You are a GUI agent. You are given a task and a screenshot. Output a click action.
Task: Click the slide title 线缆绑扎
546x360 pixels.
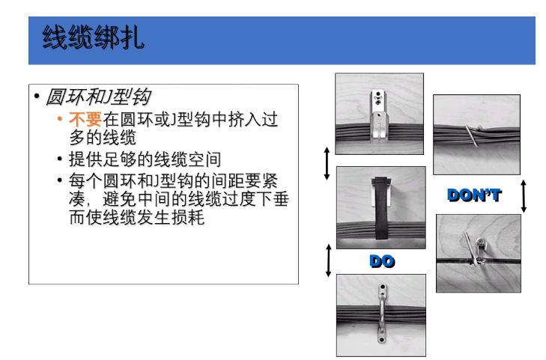point(94,37)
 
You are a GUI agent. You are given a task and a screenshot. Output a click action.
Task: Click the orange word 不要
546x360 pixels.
point(85,119)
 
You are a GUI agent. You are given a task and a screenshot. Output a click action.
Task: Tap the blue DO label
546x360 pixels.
point(382,261)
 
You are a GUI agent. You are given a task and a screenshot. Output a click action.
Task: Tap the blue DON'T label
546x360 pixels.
point(474,195)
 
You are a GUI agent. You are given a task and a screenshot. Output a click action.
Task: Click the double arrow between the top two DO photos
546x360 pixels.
point(327,163)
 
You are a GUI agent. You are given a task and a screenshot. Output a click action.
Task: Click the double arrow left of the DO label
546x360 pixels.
point(328,260)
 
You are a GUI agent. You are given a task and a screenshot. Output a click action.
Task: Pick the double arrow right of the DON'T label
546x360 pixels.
point(524,195)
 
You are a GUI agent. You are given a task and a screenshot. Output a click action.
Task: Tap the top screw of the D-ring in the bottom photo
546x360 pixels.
point(382,288)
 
